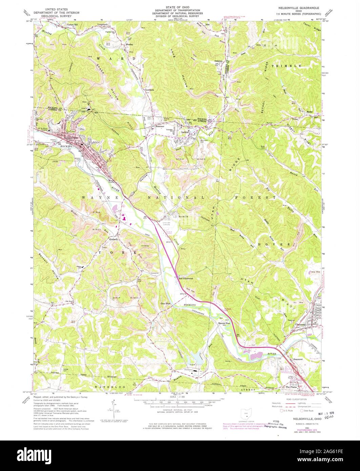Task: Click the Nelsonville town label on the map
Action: pos(69,138)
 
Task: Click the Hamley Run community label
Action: pos(224,324)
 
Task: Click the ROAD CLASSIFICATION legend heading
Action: pos(292,400)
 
